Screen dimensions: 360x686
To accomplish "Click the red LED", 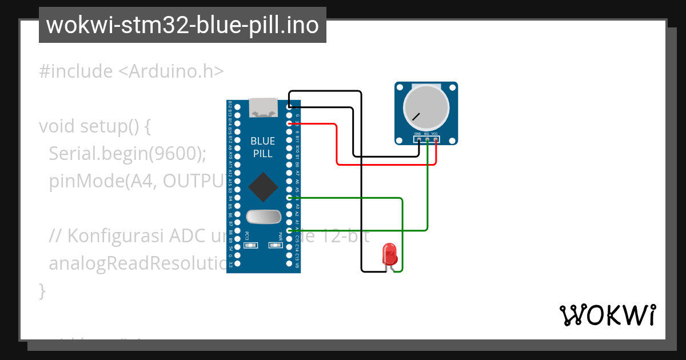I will (389, 253).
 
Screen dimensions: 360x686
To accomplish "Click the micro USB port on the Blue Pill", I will (264, 107).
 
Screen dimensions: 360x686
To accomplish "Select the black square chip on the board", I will (264, 187).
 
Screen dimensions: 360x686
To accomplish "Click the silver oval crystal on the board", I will (264, 217).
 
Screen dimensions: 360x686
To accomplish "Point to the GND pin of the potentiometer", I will (418, 139).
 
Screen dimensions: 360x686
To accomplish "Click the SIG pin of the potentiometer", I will (427, 139).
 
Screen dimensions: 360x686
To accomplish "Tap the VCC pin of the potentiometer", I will (436, 139).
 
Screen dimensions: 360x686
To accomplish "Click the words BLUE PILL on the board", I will (263, 147).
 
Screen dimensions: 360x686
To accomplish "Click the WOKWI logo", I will (607, 315).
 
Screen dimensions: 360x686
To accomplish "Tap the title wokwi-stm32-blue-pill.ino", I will (182, 25).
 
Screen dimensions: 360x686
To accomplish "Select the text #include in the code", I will (76, 71).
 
